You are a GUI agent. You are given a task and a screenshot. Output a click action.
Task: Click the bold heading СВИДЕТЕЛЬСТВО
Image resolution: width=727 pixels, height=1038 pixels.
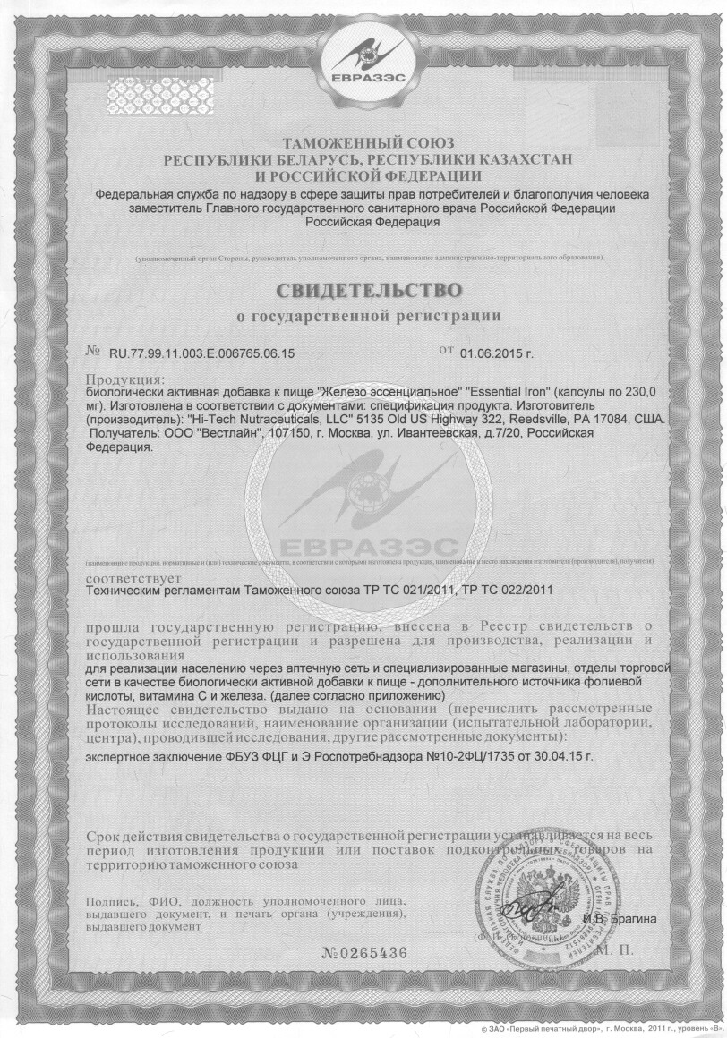[369, 290]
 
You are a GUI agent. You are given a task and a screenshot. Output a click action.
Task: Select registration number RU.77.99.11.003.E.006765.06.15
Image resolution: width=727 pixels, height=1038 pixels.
[202, 354]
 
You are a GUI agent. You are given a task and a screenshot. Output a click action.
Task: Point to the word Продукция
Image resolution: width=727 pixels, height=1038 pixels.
[124, 379]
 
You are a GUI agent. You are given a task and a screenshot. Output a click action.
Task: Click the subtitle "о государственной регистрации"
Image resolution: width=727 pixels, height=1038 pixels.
[369, 316]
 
